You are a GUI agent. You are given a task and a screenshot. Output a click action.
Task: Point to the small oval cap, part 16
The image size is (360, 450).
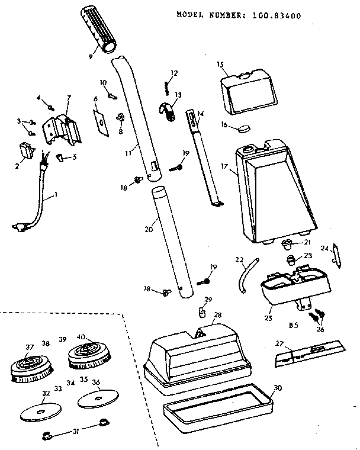(243, 127)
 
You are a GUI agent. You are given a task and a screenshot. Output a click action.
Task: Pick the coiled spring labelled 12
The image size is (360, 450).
(167, 86)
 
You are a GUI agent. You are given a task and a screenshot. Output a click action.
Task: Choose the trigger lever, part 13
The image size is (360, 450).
(169, 111)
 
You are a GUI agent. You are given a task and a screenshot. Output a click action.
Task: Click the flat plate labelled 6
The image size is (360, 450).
(101, 119)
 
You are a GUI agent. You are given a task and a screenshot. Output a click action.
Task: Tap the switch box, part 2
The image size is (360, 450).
(26, 151)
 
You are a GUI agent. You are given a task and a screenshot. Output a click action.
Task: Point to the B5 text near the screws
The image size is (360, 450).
(292, 324)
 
